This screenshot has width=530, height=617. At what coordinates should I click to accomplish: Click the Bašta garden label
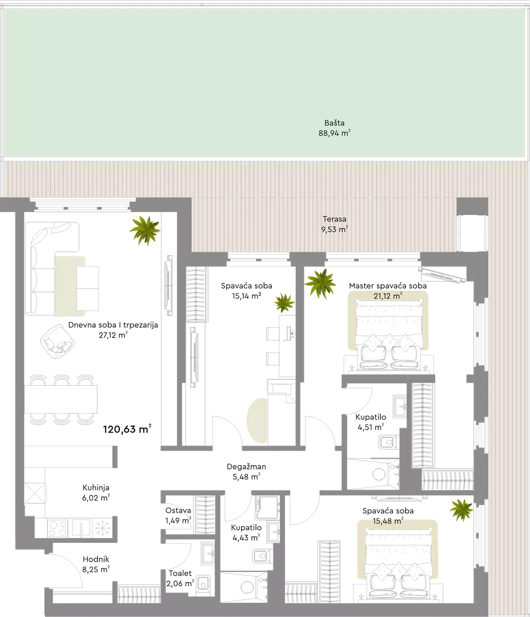tap(335, 128)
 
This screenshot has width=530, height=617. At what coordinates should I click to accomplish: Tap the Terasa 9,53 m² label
tap(335, 225)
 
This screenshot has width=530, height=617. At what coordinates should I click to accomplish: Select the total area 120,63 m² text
tap(127, 429)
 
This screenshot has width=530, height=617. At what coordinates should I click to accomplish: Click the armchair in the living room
tap(58, 341)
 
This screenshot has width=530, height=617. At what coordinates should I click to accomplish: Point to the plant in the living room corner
tap(145, 231)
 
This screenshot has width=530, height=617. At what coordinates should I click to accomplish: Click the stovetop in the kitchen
tap(58, 528)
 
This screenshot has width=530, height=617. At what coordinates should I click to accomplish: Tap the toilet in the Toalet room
tap(203, 583)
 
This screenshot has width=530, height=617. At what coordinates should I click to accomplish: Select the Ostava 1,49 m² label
tap(178, 515)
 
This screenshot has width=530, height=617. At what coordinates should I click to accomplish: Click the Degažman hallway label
tap(246, 471)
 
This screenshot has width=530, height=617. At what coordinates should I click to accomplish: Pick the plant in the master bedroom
tap(320, 284)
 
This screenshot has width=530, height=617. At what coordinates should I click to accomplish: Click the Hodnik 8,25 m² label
tap(96, 564)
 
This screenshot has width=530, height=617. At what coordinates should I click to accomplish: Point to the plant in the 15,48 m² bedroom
tap(461, 510)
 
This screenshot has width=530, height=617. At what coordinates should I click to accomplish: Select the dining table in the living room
tap(61, 399)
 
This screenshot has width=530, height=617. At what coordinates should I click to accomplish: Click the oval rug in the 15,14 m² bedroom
tap(258, 420)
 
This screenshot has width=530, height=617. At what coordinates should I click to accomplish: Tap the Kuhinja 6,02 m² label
tap(95, 492)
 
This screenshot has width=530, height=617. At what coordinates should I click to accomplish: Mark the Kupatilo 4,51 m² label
tap(371, 422)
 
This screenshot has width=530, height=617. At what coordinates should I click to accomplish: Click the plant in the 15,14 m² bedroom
tap(284, 303)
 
